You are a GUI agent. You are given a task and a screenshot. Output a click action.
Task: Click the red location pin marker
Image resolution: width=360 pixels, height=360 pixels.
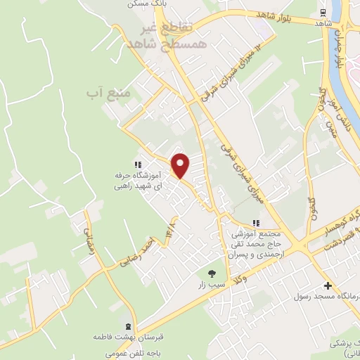click(181, 165)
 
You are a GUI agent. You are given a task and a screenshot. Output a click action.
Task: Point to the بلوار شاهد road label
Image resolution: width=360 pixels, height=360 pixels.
click(255, 15)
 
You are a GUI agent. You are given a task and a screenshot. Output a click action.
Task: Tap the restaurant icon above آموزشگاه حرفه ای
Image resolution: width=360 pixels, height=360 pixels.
click(139, 165)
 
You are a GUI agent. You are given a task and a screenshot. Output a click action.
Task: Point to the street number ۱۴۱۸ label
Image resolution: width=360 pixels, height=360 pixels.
click(171, 229)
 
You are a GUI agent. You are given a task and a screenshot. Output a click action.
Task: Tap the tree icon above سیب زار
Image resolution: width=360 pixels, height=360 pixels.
click(210, 273)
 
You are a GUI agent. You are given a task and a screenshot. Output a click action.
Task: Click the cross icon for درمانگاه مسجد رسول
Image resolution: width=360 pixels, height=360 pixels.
click(328, 285)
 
